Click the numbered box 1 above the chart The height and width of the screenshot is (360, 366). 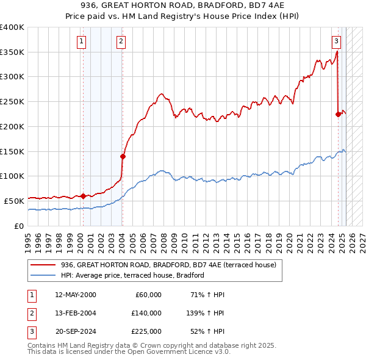tap(82, 41)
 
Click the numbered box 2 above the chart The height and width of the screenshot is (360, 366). tap(121, 41)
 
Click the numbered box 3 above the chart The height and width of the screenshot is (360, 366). tap(336, 41)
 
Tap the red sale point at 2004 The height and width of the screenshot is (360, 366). tap(123, 156)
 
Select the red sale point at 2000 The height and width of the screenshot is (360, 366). tap(84, 196)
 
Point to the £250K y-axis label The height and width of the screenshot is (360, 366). tap(12, 101)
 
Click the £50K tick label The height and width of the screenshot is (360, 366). tap(14, 200)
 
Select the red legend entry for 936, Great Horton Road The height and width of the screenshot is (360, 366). tap(168, 265)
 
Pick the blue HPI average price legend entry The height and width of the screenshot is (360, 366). tap(132, 275)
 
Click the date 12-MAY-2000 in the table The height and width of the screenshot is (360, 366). tap(76, 295)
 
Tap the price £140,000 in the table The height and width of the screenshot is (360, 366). tap(146, 313)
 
